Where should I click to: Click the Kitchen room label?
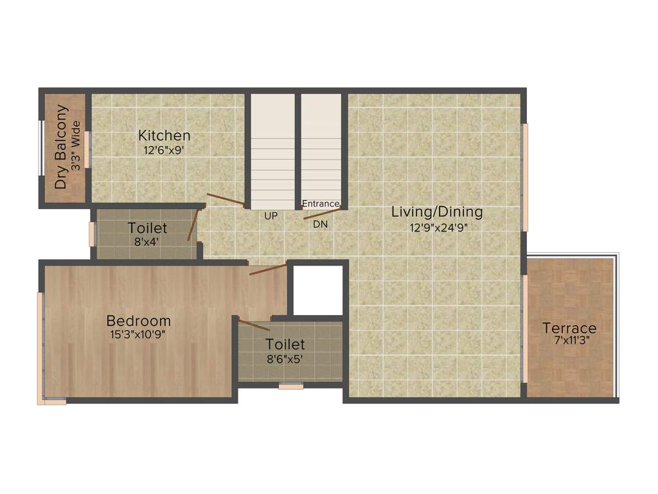click(164, 136)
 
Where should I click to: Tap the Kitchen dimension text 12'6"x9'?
click(164, 149)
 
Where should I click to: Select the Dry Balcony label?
click(61, 147)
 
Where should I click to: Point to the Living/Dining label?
click(437, 212)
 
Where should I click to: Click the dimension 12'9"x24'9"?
click(437, 226)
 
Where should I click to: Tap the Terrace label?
click(569, 328)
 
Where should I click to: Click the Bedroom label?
click(139, 320)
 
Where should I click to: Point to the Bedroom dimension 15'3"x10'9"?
click(139, 333)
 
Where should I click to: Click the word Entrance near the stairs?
click(320, 204)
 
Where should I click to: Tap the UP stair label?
click(271, 216)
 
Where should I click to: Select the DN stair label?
click(320, 224)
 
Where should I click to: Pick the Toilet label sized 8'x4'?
click(147, 228)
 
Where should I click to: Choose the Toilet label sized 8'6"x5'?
click(285, 345)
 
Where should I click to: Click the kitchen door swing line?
click(225, 199)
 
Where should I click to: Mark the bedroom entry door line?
click(268, 269)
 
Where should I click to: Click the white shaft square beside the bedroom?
click(318, 289)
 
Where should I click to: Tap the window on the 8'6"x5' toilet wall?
click(291, 387)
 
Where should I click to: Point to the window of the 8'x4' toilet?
click(92, 234)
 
